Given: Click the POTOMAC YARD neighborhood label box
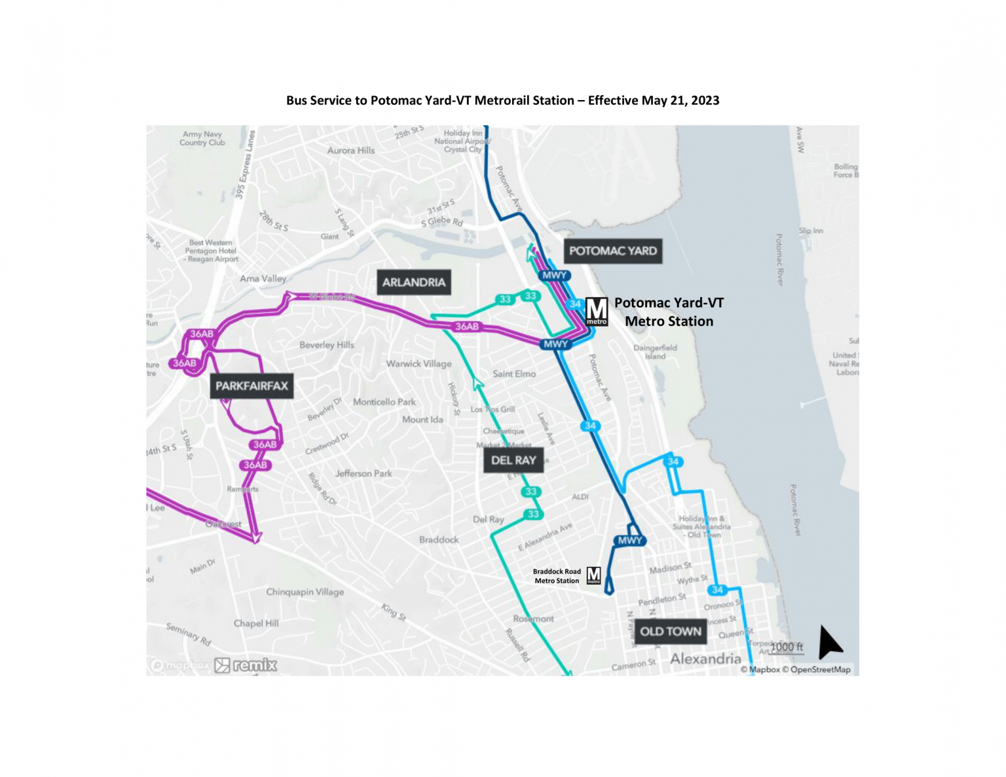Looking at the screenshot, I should [612, 251].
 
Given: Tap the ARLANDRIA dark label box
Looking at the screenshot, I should [413, 282].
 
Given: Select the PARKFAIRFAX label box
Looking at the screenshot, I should [251, 386].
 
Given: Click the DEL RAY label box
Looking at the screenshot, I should [513, 460].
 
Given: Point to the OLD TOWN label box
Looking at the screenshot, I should [670, 632].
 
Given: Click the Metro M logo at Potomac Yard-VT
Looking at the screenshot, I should [596, 311].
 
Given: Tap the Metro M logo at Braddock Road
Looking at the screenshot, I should [593, 575].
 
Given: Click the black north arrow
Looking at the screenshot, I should [829, 641].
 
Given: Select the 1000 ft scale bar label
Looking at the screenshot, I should [787, 647].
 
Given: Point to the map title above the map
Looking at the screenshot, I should [502, 100].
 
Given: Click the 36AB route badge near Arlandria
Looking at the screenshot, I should [466, 326].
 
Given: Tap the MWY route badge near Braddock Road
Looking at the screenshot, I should [629, 541].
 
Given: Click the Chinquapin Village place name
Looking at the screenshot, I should [305, 592].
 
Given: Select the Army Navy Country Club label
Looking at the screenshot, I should [202, 138].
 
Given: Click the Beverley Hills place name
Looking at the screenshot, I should [326, 345].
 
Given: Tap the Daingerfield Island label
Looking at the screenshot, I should [655, 352].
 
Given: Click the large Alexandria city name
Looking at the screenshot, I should [705, 659].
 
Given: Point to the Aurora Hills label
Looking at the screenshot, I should [351, 151].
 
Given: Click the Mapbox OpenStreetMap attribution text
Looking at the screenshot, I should [795, 670].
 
